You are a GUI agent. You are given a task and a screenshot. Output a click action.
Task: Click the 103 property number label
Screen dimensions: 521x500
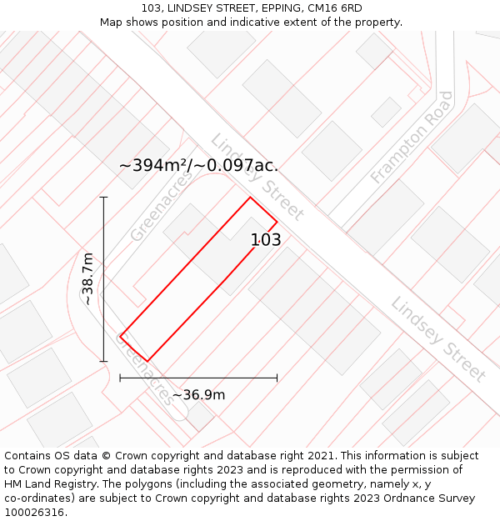click(x=266, y=240)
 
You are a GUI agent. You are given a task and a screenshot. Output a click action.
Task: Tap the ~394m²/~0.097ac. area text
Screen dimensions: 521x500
click(x=198, y=165)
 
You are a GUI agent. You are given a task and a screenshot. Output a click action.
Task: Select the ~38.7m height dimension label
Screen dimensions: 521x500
click(x=87, y=279)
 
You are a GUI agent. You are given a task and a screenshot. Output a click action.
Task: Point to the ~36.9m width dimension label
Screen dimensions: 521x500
click(x=198, y=394)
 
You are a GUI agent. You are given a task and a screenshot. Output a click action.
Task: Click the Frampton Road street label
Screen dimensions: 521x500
click(x=412, y=138)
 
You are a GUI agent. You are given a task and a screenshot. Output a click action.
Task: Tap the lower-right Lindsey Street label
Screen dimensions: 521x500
click(x=438, y=338)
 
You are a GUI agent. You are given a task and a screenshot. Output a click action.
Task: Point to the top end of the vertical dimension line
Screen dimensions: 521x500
click(x=104, y=197)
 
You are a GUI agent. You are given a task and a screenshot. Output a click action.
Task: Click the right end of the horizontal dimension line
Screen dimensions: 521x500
click(x=277, y=378)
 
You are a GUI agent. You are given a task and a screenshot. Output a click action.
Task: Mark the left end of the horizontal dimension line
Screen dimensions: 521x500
click(x=120, y=378)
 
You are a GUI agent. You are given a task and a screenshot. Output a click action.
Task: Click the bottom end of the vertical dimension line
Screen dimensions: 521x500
click(x=104, y=361)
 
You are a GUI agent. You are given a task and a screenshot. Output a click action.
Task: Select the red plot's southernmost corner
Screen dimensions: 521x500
click(x=147, y=361)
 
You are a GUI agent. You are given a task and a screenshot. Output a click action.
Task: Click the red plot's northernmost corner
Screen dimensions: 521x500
click(x=250, y=198)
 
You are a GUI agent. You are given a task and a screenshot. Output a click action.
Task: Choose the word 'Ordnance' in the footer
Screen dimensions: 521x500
click(x=397, y=498)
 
